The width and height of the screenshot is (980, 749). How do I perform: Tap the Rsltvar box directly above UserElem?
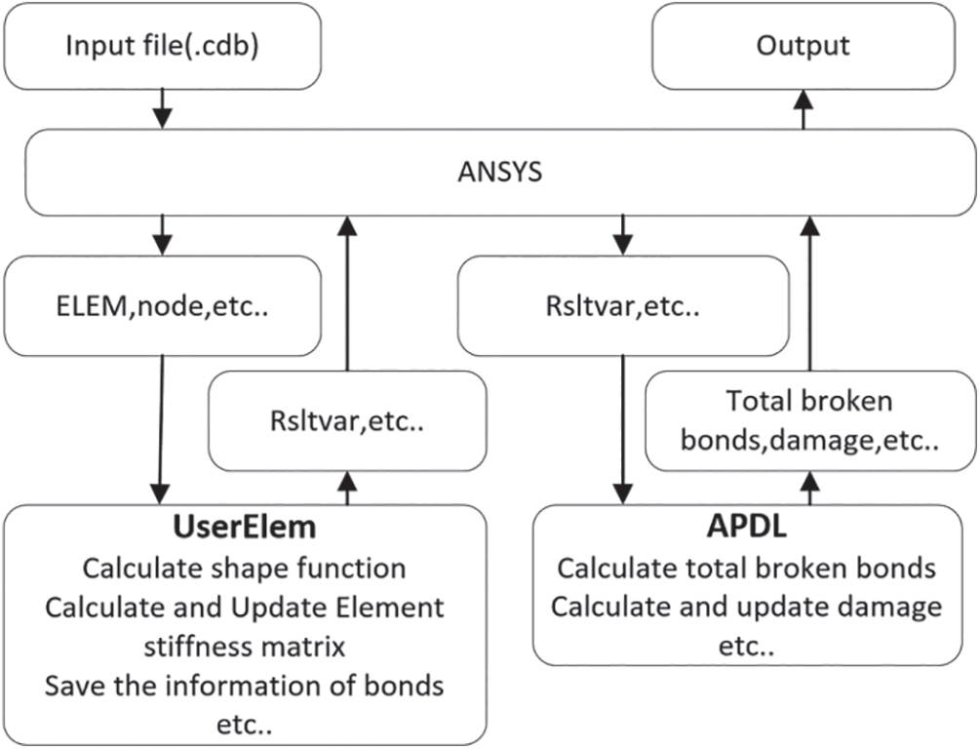(347, 421)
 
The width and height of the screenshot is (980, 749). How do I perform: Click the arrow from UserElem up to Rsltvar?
(347, 487)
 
